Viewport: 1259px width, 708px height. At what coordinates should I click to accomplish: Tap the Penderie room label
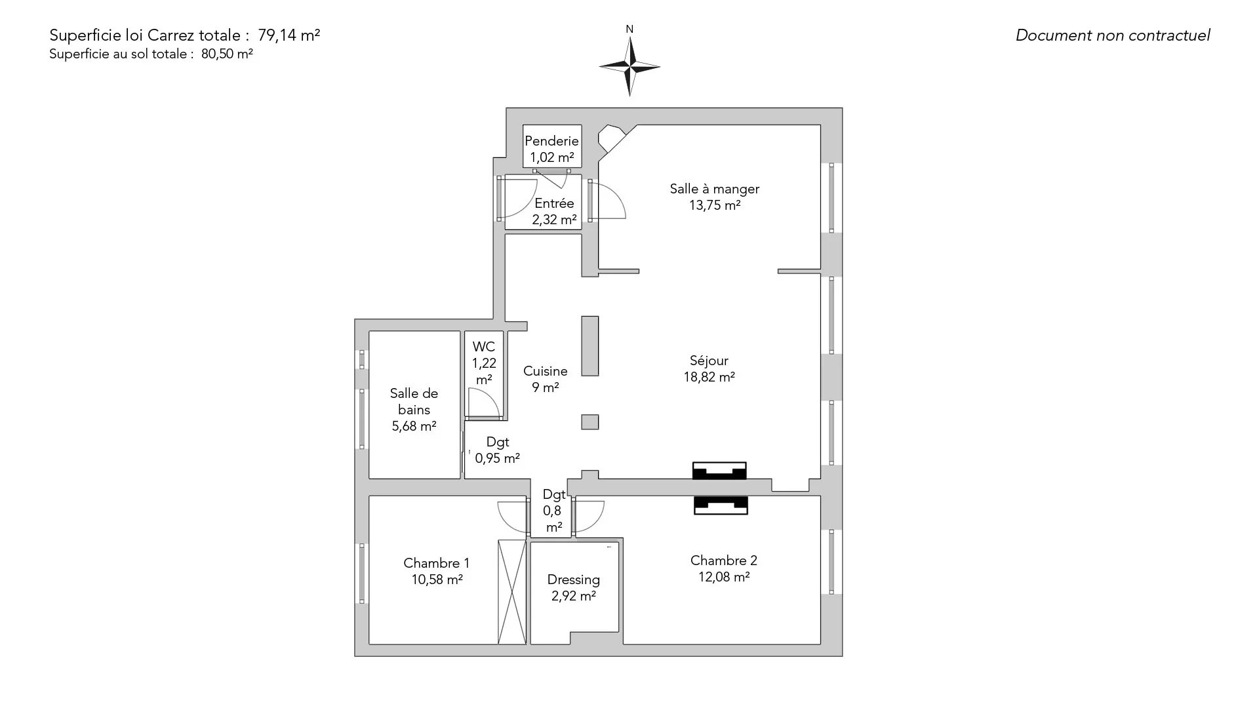551,141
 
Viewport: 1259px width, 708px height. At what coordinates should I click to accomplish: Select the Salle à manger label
714,189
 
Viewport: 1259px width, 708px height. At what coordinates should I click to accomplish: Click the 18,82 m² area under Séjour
709,377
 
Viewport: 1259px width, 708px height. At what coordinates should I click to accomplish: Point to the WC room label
484,347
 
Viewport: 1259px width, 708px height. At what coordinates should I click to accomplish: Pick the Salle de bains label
414,401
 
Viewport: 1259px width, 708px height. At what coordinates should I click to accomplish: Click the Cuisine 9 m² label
545,379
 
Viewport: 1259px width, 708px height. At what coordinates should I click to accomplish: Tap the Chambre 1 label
436,563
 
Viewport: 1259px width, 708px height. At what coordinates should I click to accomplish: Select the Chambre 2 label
723,560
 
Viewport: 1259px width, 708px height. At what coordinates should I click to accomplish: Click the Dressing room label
573,580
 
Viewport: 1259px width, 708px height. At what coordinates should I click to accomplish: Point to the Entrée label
554,203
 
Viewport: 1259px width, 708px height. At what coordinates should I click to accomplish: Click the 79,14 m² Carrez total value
289,35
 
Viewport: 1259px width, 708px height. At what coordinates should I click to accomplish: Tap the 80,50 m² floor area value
227,54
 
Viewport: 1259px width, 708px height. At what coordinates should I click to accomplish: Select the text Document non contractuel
1112,35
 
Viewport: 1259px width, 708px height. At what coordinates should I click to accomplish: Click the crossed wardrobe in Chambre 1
512,591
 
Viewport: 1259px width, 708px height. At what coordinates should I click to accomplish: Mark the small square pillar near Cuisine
590,422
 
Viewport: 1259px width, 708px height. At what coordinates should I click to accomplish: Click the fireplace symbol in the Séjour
719,471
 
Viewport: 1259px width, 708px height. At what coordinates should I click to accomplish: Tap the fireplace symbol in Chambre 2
721,505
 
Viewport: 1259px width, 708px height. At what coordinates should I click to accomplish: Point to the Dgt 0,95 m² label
498,450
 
